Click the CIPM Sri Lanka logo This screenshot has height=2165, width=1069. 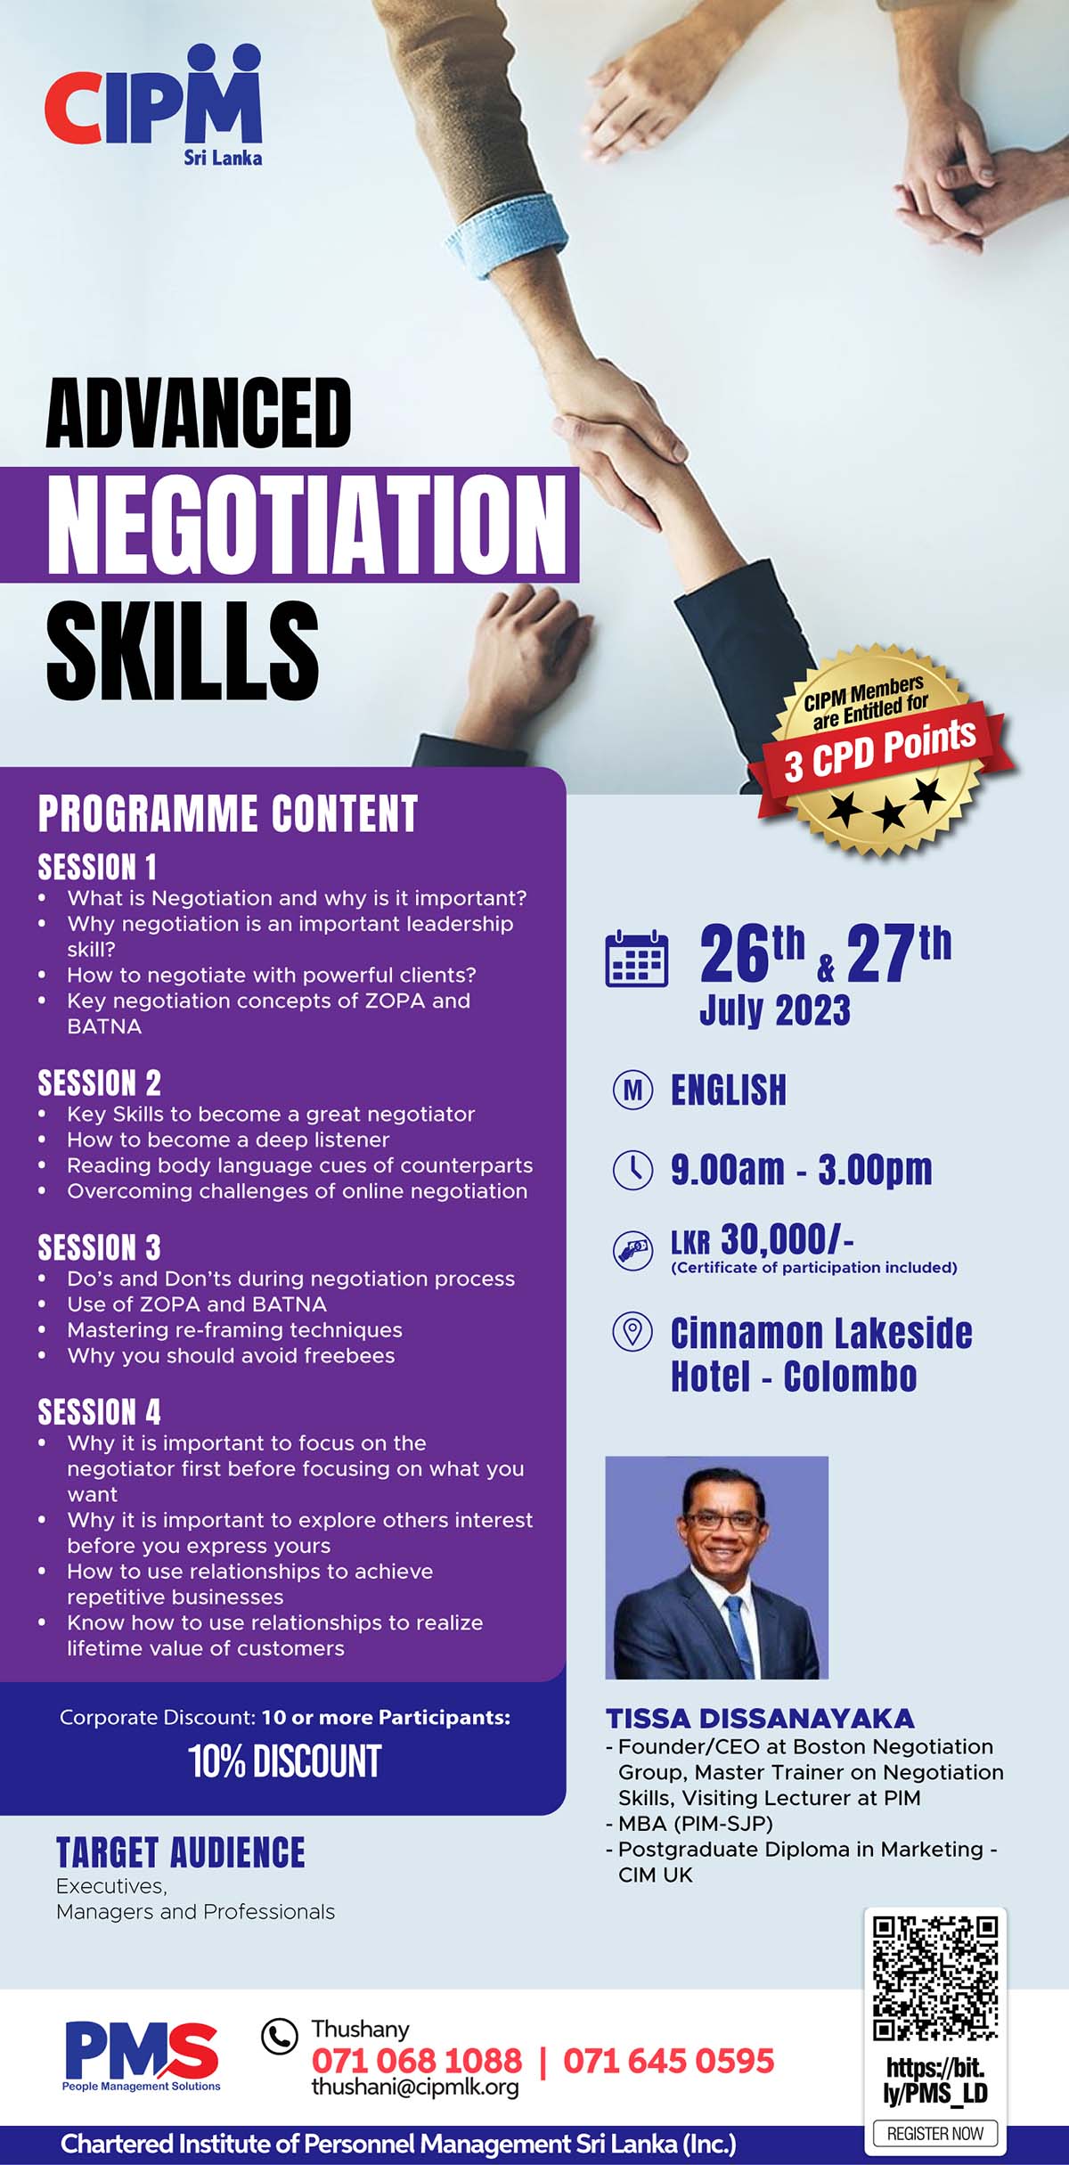(x=153, y=105)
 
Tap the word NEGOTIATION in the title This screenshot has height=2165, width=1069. (x=306, y=524)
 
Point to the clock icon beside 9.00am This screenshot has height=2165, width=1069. (x=633, y=1169)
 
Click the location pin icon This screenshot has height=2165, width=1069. (x=633, y=1332)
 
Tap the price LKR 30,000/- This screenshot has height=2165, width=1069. (x=763, y=1239)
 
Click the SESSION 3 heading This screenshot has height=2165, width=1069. (x=99, y=1247)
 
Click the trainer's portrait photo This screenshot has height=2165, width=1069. (x=717, y=1567)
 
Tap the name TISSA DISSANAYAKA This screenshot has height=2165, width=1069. (x=760, y=1719)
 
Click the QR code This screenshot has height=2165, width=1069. (x=934, y=1979)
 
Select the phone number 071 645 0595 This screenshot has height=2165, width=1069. (x=669, y=2061)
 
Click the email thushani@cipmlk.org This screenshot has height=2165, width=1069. (x=414, y=2087)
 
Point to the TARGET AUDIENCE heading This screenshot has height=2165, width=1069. (x=181, y=1853)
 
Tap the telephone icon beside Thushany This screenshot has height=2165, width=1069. (x=279, y=2036)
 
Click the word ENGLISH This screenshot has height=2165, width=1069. (x=729, y=1091)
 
